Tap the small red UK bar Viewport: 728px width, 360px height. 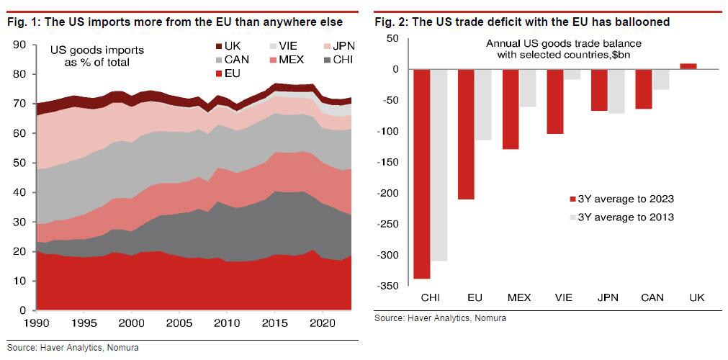coord(688,66)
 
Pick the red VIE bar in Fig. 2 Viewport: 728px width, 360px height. coord(554,102)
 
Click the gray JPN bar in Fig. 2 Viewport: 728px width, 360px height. coord(617,91)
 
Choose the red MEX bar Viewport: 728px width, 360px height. coord(511,109)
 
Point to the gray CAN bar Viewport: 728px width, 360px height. coord(661,79)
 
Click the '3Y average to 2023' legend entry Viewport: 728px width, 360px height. coord(621,199)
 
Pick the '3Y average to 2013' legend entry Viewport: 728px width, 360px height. coord(621,217)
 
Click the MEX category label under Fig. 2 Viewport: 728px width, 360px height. coord(519,297)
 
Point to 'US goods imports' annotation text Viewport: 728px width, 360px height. coord(96,50)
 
